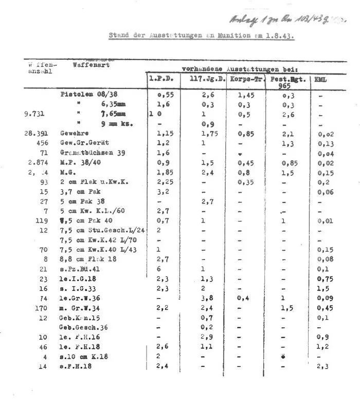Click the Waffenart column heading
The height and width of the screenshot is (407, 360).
point(91,65)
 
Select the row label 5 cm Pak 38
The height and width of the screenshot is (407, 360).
point(82,201)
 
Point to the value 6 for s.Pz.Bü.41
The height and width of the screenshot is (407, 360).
point(158,269)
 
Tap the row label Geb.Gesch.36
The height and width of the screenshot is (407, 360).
point(83,327)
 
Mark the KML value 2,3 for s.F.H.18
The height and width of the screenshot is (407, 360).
point(322,366)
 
